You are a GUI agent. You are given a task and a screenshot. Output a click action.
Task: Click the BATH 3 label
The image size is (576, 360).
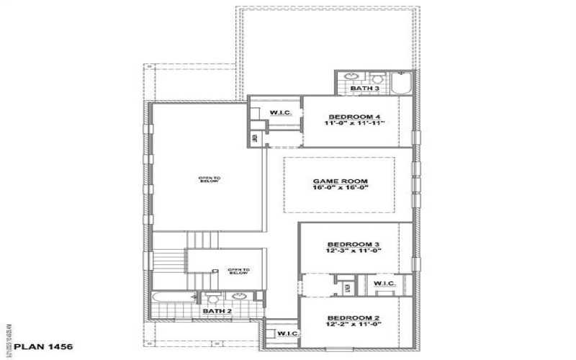pos(364,89)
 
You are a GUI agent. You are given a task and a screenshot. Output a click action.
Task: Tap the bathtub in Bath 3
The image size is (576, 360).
pos(402,83)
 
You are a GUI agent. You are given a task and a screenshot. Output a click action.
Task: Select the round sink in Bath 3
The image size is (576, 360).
pos(351,77)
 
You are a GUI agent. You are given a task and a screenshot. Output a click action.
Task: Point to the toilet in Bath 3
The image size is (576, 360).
pos(376,77)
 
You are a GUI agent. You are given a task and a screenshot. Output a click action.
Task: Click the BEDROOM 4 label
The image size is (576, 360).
pos(354,117)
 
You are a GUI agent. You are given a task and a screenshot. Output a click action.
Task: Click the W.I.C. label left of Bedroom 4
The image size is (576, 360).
pos(280,113)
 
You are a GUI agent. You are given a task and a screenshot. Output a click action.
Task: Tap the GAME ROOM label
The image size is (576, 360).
pos(341,181)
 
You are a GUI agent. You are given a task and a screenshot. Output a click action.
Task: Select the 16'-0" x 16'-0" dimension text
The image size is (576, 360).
pos(341,189)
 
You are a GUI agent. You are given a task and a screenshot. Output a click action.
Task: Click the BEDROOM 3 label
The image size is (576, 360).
pos(353,244)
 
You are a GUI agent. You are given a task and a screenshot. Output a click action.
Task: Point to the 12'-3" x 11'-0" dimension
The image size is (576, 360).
pos(353,251)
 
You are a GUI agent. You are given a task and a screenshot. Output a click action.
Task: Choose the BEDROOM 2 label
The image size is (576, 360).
pos(353,318)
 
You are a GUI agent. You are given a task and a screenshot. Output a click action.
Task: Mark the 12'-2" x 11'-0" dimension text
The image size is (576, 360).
pos(353,325)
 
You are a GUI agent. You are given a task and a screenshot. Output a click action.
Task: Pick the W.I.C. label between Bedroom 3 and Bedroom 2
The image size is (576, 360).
pos(384,284)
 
